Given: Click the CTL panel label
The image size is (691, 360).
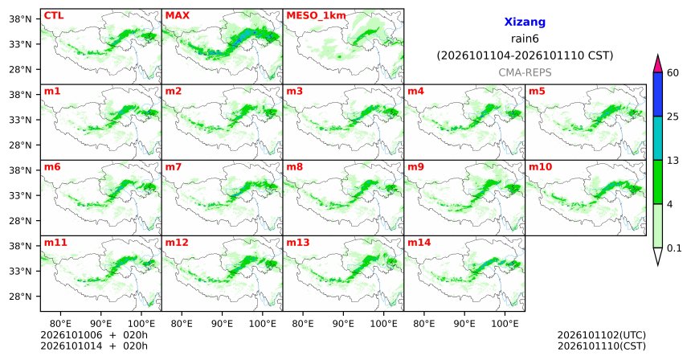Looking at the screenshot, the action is point(54,16).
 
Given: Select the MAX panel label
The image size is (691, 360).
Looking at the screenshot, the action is point(177,16).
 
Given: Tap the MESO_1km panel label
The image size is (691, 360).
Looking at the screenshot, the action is point(316,16).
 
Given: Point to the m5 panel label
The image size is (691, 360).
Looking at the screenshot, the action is point(537,92).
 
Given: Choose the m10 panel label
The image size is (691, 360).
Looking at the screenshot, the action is point(540,167).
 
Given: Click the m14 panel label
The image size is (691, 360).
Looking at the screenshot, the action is point(419,243).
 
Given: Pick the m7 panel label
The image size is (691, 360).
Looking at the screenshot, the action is point(174,167).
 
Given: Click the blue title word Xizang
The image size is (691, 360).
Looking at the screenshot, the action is point(525,22).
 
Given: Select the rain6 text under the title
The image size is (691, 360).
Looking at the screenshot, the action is point(525,39).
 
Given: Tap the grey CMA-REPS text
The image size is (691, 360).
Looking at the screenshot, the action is point(525,72).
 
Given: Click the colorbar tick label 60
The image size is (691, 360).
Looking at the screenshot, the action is point(673,73).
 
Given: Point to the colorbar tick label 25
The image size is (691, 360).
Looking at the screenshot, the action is point(673,117).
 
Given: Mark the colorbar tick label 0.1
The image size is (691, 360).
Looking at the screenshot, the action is point(674,248).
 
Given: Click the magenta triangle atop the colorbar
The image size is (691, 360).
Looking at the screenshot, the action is point(658,64).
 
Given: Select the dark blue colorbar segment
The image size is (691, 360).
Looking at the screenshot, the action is point(658,94).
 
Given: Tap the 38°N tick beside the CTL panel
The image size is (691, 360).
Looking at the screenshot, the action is point(20,19).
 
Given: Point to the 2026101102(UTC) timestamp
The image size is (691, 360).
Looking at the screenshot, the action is point(602,336).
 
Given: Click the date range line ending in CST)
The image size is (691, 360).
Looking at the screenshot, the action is point(525,56).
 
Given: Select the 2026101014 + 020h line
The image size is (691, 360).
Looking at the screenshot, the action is point(94,346).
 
